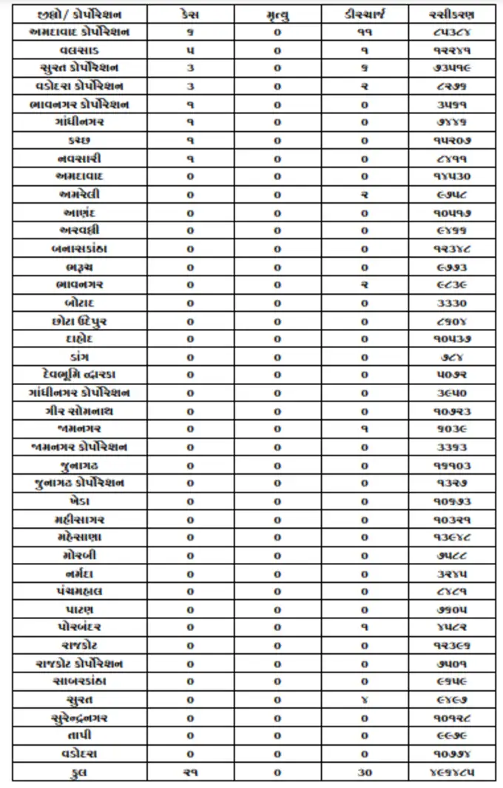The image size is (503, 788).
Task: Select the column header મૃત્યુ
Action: (277, 15)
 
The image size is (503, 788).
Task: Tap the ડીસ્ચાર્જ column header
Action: (365, 15)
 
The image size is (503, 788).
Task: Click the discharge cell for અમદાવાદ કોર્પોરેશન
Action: (365, 33)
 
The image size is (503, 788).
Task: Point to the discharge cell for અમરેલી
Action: (365, 195)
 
